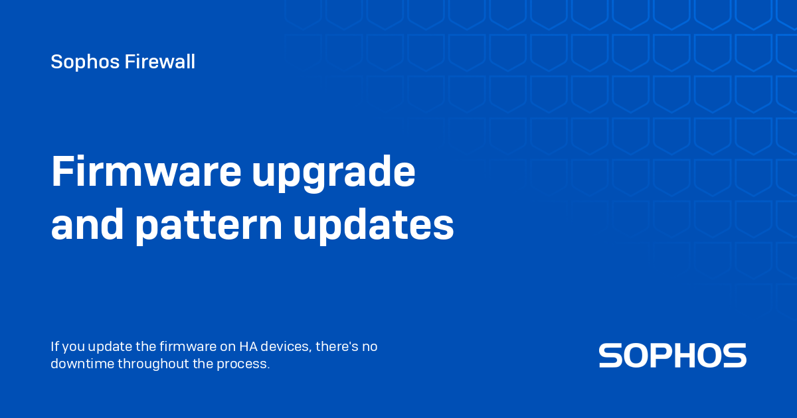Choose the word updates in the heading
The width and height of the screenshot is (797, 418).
pos(373,227)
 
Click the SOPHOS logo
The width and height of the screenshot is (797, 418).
pos(672,356)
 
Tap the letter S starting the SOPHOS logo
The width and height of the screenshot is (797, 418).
pos(610,356)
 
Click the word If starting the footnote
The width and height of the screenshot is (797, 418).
pos(54,347)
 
